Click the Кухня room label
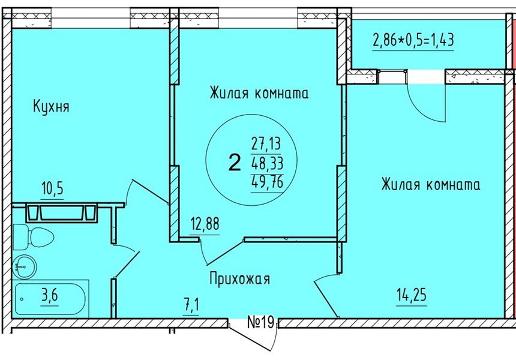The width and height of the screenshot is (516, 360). (51, 107)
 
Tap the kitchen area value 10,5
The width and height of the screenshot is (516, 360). (52, 190)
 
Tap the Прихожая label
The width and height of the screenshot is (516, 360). (239, 279)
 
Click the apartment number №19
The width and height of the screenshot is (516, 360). (260, 323)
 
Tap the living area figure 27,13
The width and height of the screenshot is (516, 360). (266, 144)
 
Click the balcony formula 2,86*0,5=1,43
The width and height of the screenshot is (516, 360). (413, 41)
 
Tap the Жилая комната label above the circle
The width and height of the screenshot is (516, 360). (259, 94)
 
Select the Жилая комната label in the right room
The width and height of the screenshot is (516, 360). (430, 184)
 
